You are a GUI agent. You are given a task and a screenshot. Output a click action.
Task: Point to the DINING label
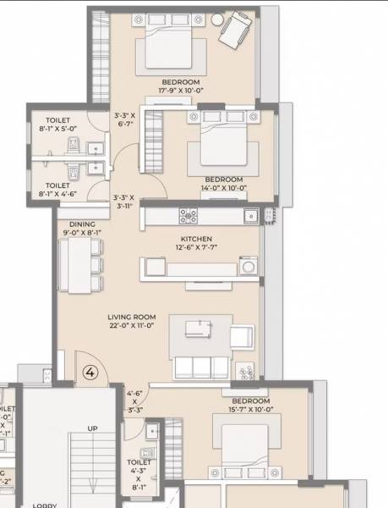pyautogui.click(x=81, y=224)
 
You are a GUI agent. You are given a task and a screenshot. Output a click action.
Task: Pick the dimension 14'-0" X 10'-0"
pyautogui.click(x=223, y=188)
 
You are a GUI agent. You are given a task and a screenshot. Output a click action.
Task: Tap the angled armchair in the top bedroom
pyautogui.click(x=232, y=32)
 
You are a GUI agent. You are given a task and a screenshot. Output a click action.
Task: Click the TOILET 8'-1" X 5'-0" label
pyautogui.click(x=58, y=125)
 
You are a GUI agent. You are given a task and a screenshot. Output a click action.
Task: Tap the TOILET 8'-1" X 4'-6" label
pyautogui.click(x=57, y=190)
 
